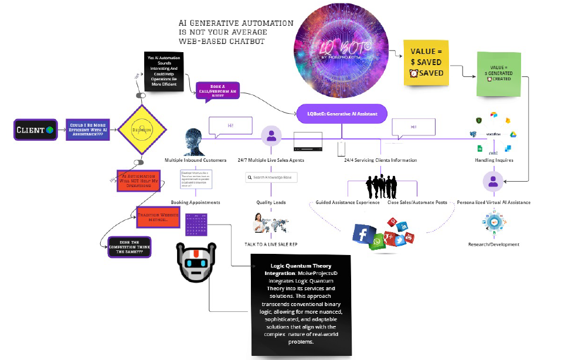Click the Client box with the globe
[35, 130]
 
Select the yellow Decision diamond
[141, 129]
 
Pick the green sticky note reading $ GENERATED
[499, 74]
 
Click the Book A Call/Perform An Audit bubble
[218, 93]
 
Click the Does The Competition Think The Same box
[125, 247]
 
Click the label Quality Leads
[271, 202]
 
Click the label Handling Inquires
[494, 160]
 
